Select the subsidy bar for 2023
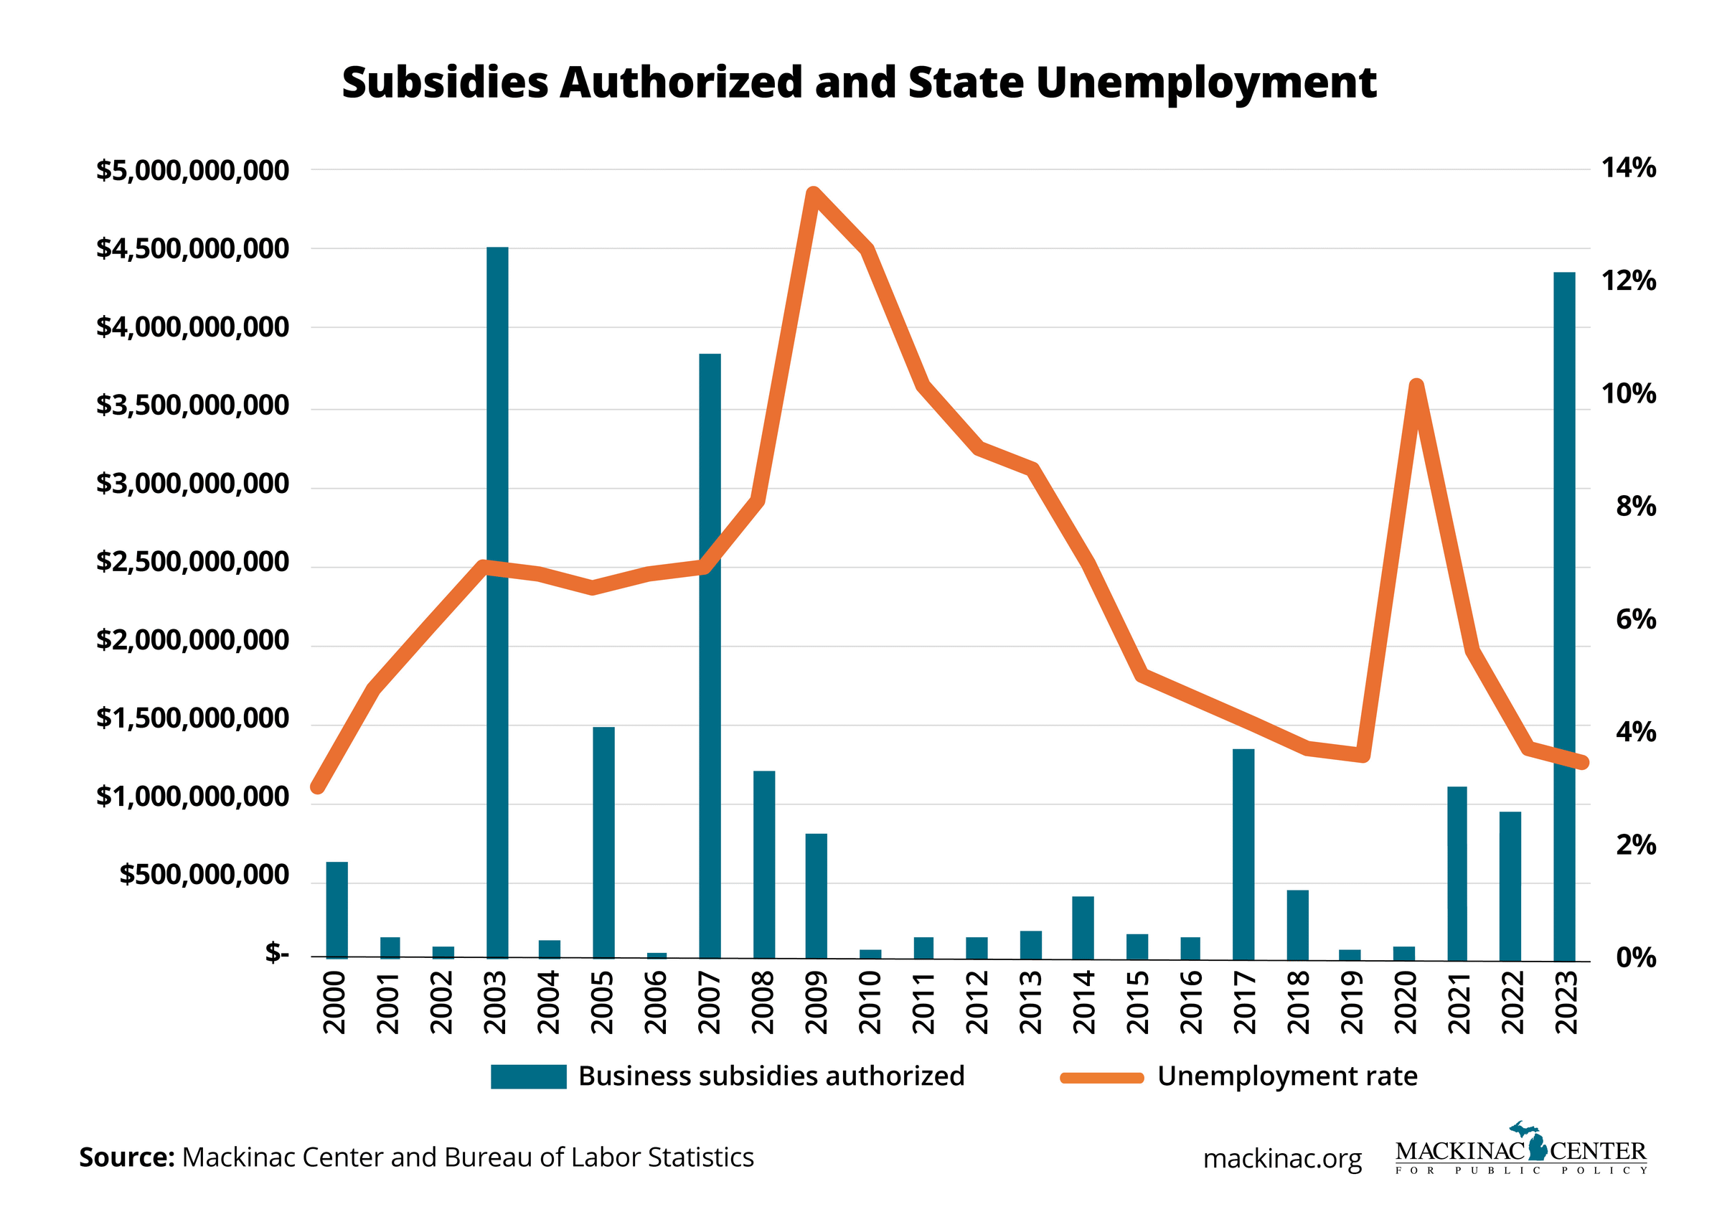point(1563,615)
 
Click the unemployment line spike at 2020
point(1416,387)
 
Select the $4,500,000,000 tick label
point(193,248)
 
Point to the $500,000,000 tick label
point(204,875)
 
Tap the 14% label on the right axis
point(1628,168)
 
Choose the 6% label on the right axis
point(1636,619)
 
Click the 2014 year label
point(1083,1002)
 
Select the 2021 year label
point(1459,1002)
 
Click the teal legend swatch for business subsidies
point(528,1076)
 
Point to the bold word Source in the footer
point(126,1157)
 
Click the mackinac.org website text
point(1281,1159)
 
